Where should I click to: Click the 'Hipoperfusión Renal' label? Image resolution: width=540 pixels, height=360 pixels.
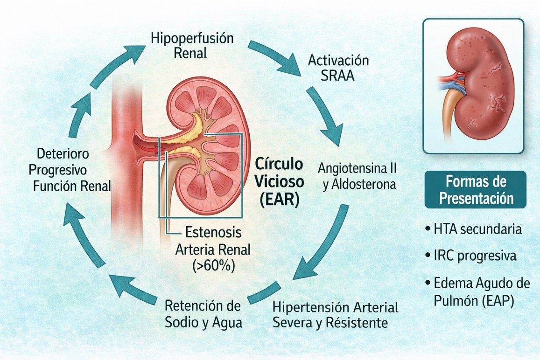[192, 45]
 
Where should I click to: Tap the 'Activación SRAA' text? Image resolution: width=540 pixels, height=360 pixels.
[338, 68]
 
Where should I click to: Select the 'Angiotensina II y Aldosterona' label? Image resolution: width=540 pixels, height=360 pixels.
[358, 177]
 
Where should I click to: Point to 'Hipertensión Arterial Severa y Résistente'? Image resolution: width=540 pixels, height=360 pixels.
[335, 315]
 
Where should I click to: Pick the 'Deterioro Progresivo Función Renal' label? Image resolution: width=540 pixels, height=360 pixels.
[70, 170]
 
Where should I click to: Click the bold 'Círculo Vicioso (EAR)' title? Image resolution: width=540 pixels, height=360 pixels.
[279, 182]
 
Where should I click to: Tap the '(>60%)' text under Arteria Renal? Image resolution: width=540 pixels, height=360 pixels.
[214, 266]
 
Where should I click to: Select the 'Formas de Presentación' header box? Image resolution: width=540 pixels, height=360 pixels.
[475, 190]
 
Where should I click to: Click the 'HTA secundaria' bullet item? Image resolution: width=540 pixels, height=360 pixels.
[474, 229]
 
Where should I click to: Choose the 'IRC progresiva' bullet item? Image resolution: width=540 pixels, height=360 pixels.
[471, 256]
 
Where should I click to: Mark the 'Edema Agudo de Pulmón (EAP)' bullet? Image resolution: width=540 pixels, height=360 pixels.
[477, 292]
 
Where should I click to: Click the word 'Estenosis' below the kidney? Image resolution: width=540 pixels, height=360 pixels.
[213, 232]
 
